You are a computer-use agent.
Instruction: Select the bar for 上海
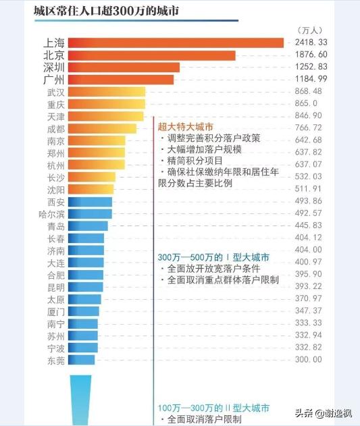(x=176, y=43)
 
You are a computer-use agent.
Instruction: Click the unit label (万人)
(x=310, y=30)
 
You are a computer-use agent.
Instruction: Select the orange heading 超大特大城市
(x=185, y=126)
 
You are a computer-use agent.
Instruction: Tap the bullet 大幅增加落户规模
(x=200, y=150)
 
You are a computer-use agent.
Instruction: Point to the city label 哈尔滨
(x=51, y=214)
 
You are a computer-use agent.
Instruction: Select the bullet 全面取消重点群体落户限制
(x=222, y=279)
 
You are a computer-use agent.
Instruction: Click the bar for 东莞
(x=82, y=360)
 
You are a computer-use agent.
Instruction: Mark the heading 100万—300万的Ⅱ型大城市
(x=213, y=408)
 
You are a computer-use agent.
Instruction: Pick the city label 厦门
(x=56, y=311)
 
